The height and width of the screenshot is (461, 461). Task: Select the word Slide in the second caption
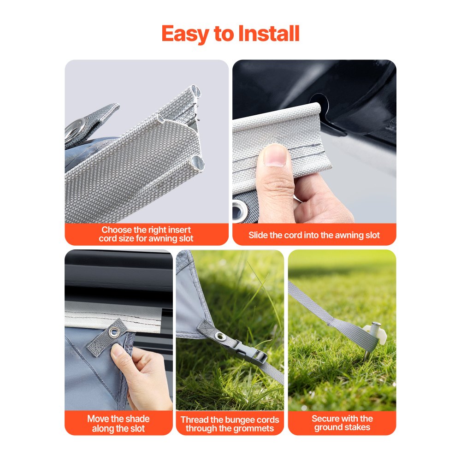point(258,235)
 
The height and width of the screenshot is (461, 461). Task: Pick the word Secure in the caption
point(326,419)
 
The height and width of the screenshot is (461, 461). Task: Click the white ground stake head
point(374,331)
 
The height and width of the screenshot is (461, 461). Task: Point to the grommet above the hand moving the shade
point(113,332)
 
